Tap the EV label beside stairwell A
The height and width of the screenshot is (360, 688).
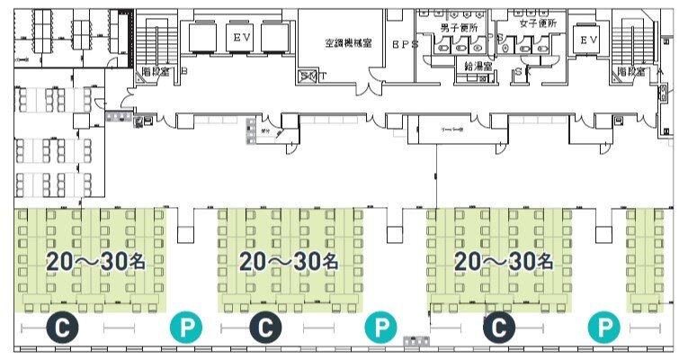[587, 40]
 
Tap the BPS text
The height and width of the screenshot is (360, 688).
[406, 43]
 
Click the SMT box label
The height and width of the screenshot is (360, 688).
[312, 76]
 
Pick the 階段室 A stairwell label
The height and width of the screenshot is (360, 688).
[637, 70]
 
